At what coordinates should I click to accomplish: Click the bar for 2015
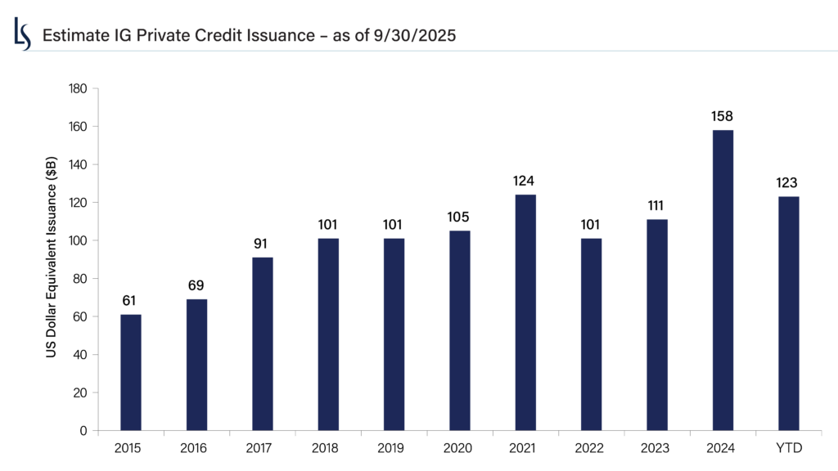pyautogui.click(x=131, y=372)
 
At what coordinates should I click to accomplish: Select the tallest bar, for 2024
pyautogui.click(x=723, y=280)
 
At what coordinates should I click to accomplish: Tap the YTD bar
pyautogui.click(x=788, y=313)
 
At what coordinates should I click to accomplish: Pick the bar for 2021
pyautogui.click(x=525, y=312)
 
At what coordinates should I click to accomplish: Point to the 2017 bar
pyautogui.click(x=263, y=343)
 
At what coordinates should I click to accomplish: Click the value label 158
pyautogui.click(x=723, y=116)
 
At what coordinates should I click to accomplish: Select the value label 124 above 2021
pyautogui.click(x=525, y=181)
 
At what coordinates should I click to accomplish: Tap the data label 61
pyautogui.click(x=131, y=300)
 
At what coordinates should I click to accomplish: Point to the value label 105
pyautogui.click(x=460, y=217)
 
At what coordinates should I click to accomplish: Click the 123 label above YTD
pyautogui.click(x=788, y=182)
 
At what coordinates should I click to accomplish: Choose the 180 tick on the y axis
pyautogui.click(x=81, y=88)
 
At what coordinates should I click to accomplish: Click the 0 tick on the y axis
pyautogui.click(x=87, y=430)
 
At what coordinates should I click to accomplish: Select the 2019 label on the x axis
pyautogui.click(x=394, y=448)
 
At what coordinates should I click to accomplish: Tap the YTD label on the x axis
pyautogui.click(x=788, y=448)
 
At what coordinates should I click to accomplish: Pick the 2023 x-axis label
pyautogui.click(x=657, y=448)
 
